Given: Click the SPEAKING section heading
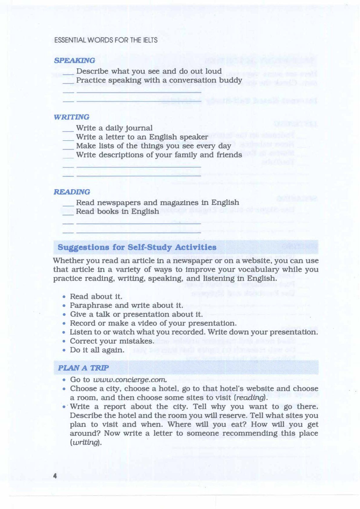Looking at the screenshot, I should tap(74, 60).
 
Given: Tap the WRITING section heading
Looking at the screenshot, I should tap(71, 117).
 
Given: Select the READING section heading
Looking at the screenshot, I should tap(72, 192).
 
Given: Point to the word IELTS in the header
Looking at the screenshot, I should tap(150, 40).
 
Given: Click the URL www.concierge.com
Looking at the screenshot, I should tap(130, 380).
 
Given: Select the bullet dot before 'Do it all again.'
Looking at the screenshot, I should tap(64, 350).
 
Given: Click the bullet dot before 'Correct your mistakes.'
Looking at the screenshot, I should tap(64, 341).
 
